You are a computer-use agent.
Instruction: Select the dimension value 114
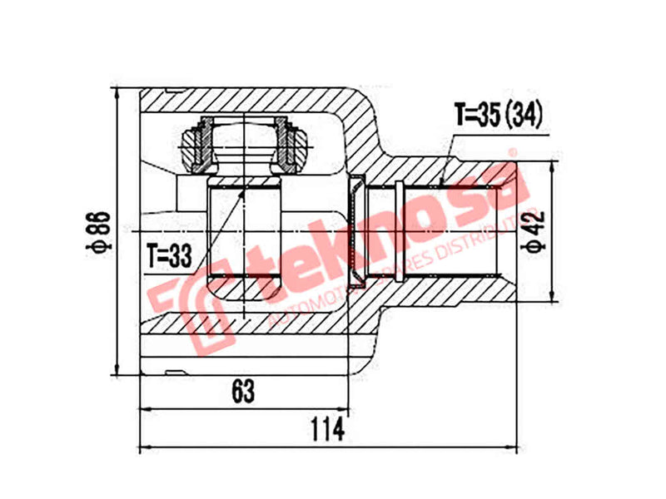329,428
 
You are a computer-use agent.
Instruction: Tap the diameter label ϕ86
98,232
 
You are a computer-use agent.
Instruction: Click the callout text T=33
170,254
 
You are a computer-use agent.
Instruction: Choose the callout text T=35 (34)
498,115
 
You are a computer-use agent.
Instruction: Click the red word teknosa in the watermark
391,233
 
